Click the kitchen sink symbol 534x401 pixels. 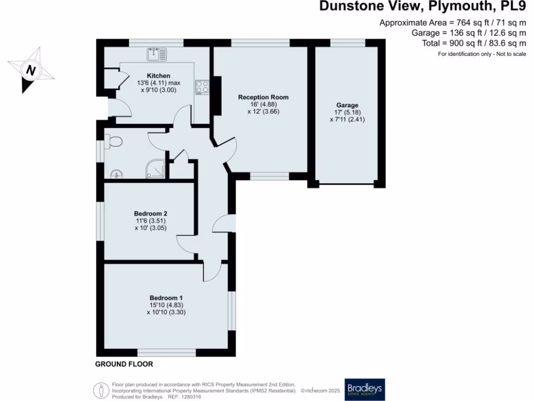click(157, 53)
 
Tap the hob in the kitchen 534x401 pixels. click(202, 86)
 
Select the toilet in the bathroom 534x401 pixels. click(113, 141)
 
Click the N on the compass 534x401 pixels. click(31, 70)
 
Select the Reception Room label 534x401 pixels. click(263, 97)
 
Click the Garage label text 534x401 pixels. click(347, 105)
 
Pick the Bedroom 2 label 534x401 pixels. click(150, 213)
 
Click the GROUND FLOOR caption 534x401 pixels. click(124, 364)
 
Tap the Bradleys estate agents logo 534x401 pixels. click(365, 390)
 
